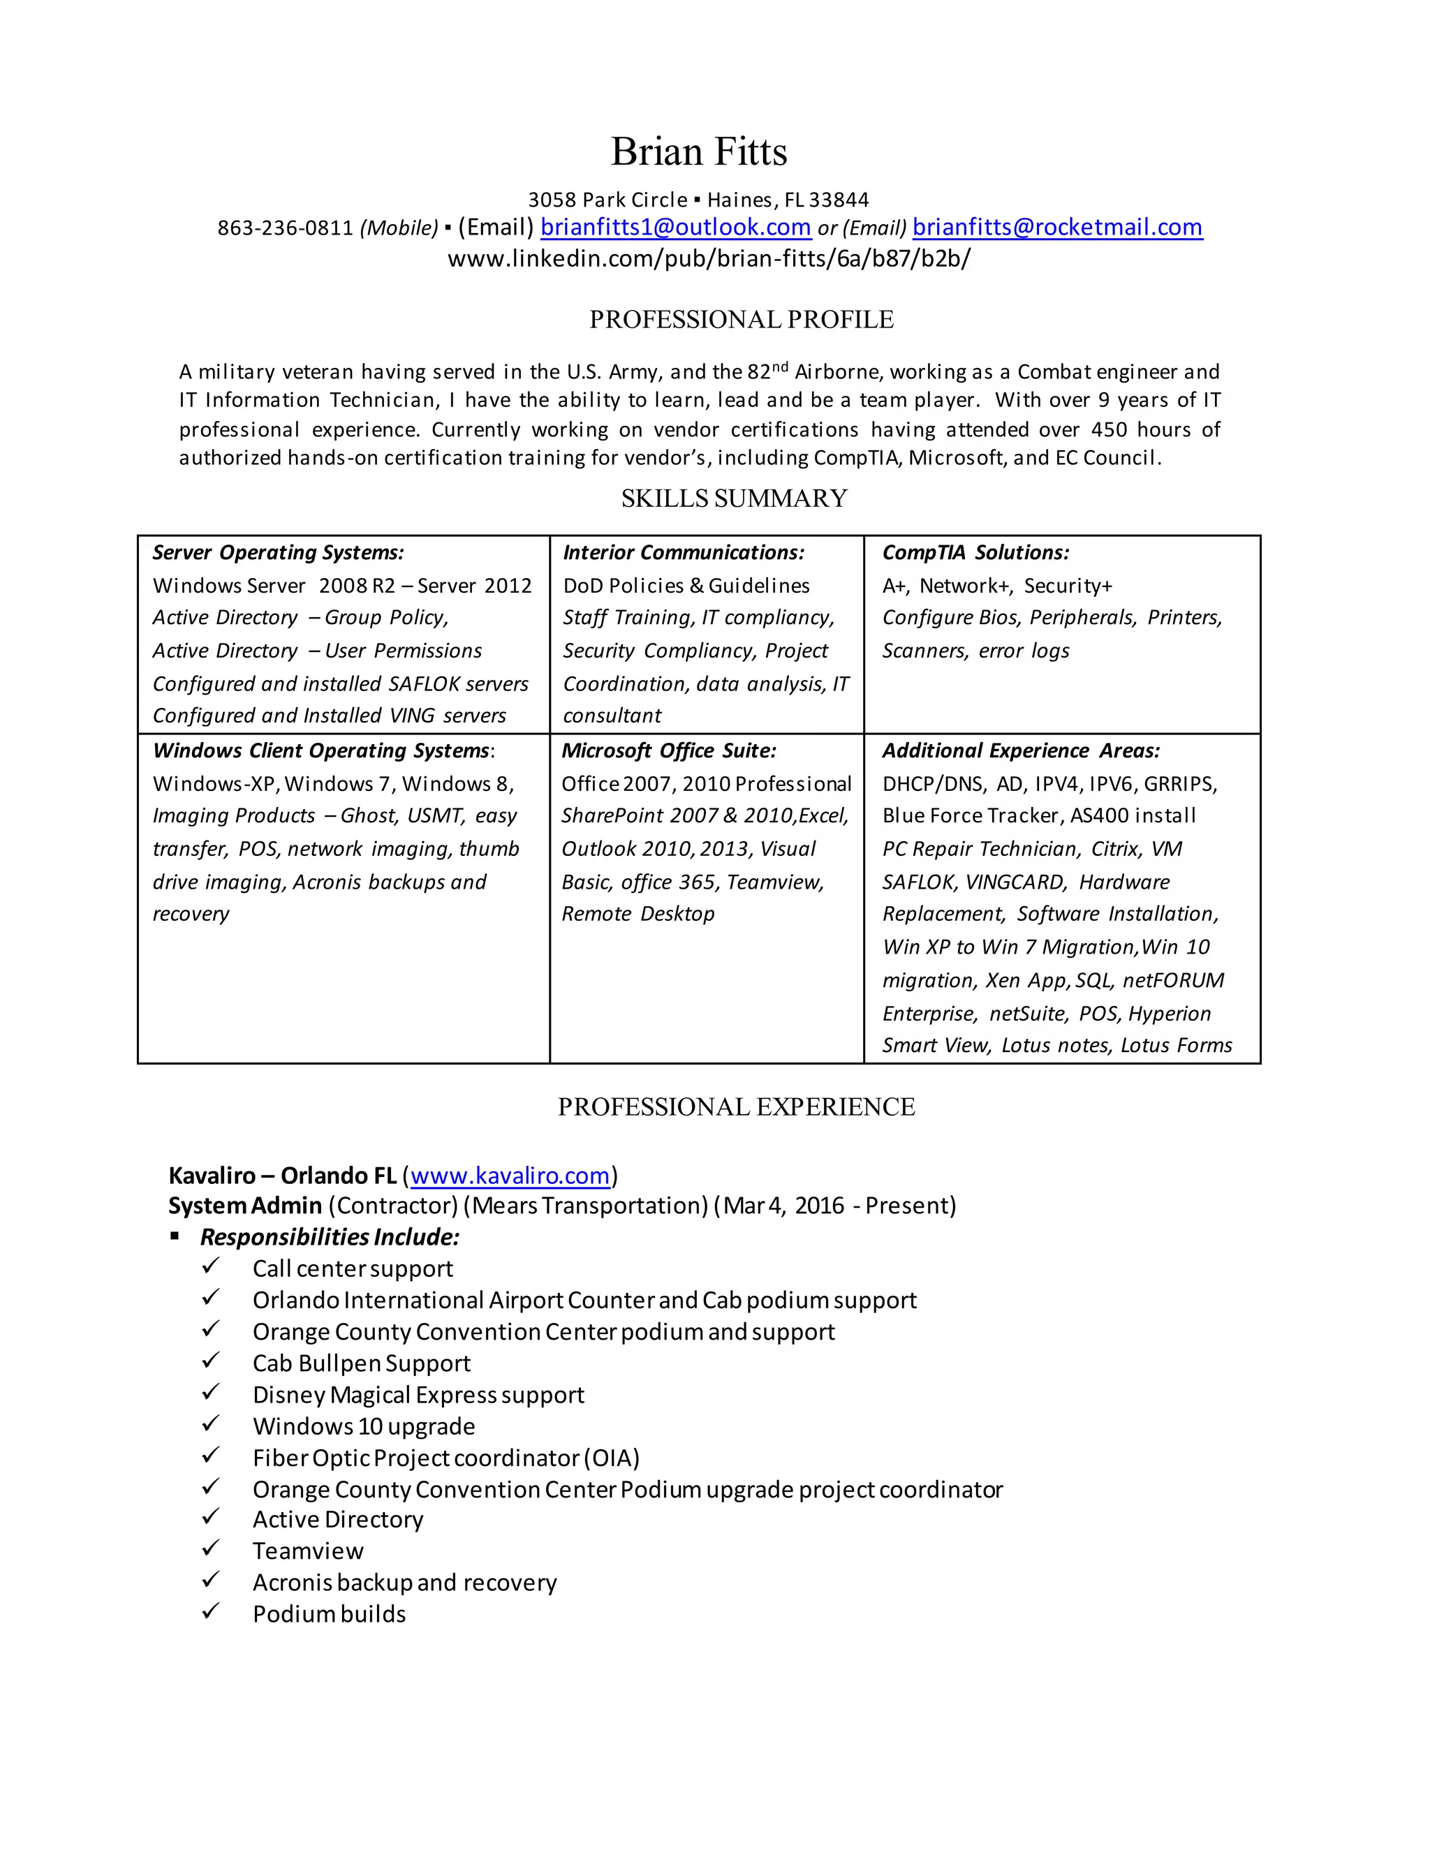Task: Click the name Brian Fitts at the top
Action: tap(699, 151)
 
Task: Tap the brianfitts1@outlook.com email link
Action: tap(675, 227)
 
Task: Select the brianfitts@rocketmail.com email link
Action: tap(1057, 227)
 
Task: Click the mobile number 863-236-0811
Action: tap(285, 228)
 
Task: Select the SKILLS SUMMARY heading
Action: tap(734, 498)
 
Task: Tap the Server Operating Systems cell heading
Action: tap(278, 552)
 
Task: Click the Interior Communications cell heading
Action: tap(683, 552)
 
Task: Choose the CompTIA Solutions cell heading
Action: tap(975, 552)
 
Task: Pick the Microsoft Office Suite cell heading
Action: tap(668, 750)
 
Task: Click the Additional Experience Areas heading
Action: tap(1021, 750)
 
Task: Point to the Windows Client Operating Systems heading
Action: tap(322, 750)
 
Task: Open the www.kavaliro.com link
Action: tap(510, 1176)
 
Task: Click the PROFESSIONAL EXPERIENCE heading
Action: tap(736, 1107)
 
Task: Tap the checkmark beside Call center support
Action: tap(211, 1266)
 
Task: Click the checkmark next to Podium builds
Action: tap(211, 1611)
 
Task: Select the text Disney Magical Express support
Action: tap(418, 1395)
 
